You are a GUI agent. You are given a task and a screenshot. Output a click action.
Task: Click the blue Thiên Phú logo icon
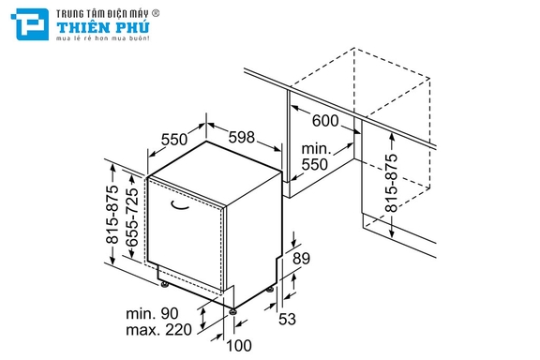(30, 24)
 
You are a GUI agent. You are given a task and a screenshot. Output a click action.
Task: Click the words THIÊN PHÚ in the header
(103, 27)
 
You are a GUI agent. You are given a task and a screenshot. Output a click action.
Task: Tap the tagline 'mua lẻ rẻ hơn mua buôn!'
(103, 37)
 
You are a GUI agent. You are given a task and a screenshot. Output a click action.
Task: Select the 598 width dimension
(242, 137)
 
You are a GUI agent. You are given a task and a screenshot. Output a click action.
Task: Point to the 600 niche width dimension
(325, 121)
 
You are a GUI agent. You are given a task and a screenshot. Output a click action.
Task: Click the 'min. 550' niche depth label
(315, 157)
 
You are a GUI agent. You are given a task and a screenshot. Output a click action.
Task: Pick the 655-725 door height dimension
(132, 217)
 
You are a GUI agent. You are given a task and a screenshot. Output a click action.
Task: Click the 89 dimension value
(301, 258)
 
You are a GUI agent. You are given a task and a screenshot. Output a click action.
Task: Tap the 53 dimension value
(287, 319)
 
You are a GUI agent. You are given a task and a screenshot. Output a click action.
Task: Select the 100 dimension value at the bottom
(239, 346)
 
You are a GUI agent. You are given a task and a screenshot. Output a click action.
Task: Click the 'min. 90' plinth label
(152, 314)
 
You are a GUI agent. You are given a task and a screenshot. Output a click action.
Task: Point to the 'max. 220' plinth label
(158, 330)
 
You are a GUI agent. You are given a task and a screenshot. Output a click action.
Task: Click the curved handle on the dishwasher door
(180, 205)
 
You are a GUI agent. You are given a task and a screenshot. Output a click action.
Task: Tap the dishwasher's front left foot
(165, 284)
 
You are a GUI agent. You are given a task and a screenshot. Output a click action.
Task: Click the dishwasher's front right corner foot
(233, 311)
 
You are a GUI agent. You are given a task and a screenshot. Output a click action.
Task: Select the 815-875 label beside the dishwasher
(112, 215)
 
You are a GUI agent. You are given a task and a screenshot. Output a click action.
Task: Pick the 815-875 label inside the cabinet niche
(391, 183)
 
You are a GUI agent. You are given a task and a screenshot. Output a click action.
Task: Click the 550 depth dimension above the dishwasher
(174, 139)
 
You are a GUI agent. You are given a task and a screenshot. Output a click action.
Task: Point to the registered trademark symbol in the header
(156, 13)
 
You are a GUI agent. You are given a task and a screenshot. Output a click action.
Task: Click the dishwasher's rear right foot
(270, 290)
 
